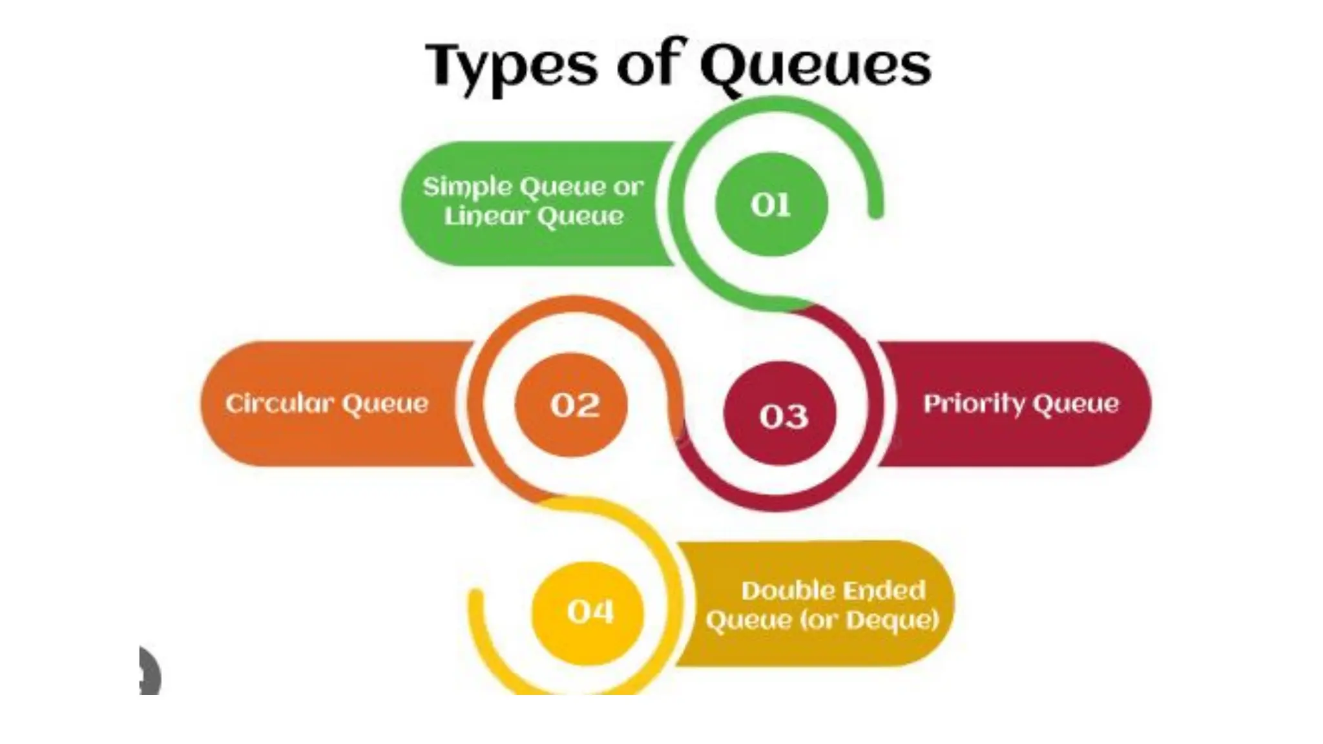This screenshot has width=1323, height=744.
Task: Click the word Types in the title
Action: coord(510,66)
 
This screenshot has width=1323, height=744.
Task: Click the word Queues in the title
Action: coord(815,66)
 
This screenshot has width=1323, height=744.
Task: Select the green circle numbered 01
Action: coord(771,205)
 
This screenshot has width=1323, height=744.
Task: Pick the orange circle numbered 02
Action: coord(572,405)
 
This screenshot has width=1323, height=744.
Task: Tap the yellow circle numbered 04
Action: coord(589,611)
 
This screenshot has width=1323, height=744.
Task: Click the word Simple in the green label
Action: coord(466,187)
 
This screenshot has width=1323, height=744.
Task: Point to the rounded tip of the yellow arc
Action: coord(475,597)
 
